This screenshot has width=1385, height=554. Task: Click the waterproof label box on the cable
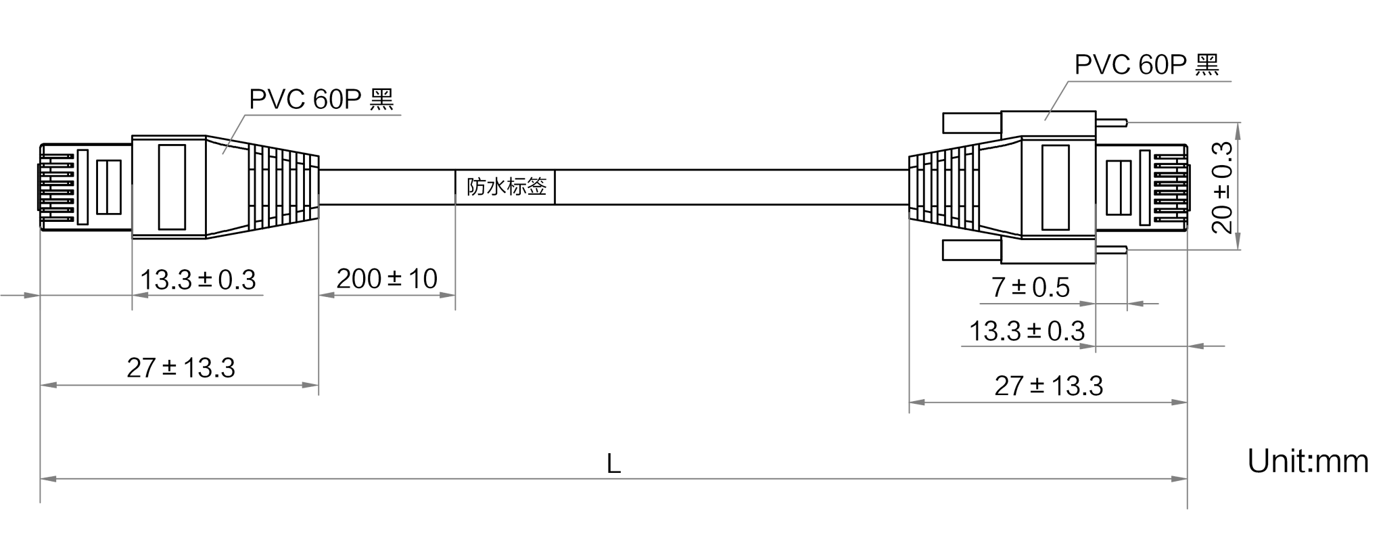(504, 187)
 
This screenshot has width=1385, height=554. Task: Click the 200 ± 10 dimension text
(387, 279)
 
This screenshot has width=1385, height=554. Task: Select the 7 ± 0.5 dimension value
(1031, 287)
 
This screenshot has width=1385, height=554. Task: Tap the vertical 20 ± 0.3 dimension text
(1222, 187)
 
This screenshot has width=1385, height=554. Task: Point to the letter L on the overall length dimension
(613, 464)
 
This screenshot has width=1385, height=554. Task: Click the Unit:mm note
(1308, 461)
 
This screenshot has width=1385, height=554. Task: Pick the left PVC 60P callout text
(321, 99)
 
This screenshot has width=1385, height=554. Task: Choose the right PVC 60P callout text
(1147, 65)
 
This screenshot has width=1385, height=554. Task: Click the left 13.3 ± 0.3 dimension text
(198, 280)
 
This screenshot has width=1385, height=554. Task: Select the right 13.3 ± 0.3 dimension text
(1027, 331)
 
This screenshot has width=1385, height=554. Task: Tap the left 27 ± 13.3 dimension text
(181, 368)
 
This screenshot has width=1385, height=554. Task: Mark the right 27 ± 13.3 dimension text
(1049, 386)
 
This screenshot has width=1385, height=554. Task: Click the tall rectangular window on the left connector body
(172, 187)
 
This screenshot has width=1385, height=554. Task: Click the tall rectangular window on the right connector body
(1056, 188)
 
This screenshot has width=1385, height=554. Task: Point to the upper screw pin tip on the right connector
(1126, 122)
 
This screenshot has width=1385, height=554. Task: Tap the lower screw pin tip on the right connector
(1126, 250)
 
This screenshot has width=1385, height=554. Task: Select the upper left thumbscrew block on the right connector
(972, 122)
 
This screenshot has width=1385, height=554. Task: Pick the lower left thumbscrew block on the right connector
(972, 250)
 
